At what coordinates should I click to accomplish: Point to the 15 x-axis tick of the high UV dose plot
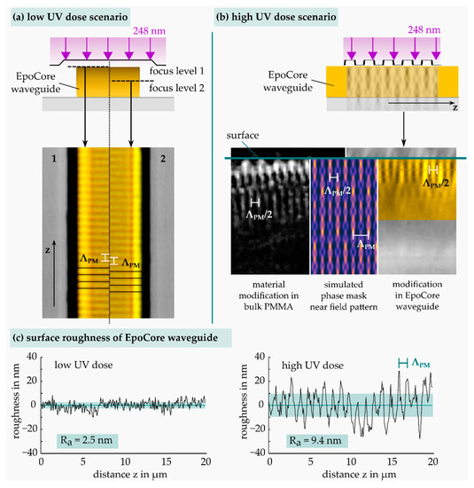[393, 462]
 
